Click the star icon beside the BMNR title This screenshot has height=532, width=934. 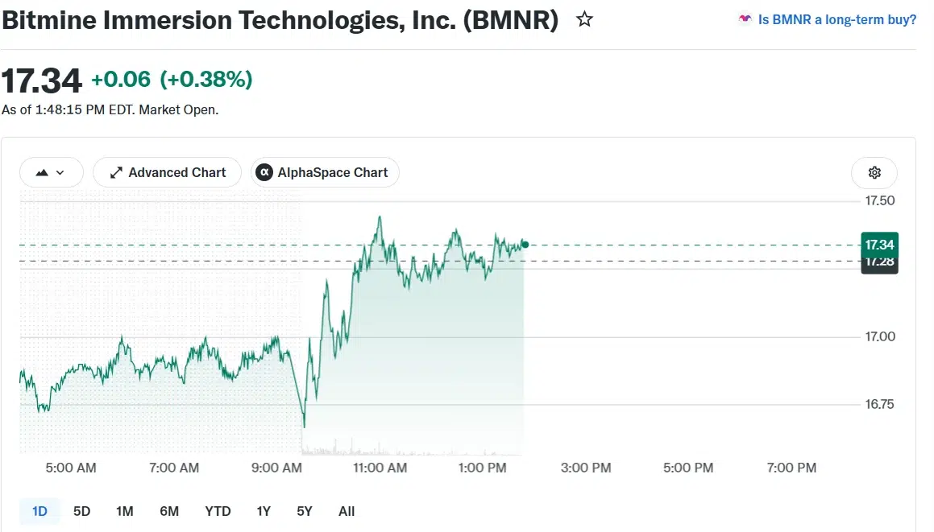click(x=584, y=19)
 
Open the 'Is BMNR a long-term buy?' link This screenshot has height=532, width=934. click(x=837, y=19)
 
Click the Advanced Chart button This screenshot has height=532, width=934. click(x=168, y=172)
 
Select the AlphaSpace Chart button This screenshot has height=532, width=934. click(x=326, y=172)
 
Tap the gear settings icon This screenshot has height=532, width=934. click(x=874, y=172)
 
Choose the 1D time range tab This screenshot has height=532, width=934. click(x=39, y=511)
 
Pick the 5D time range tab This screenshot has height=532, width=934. click(x=81, y=511)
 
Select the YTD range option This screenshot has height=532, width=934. click(x=218, y=511)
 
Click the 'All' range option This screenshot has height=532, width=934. click(x=346, y=511)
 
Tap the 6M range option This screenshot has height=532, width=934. click(x=169, y=511)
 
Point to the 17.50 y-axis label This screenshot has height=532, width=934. click(x=880, y=200)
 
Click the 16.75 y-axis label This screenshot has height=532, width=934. click(x=880, y=404)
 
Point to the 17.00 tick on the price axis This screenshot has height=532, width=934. click(x=880, y=336)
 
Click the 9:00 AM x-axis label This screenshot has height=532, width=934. click(x=276, y=468)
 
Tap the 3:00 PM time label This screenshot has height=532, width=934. click(x=586, y=468)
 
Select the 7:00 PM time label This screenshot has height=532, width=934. click(x=791, y=468)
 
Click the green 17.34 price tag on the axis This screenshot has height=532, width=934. click(x=880, y=245)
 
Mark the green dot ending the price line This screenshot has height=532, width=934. click(x=525, y=244)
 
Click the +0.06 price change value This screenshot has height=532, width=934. click(x=121, y=79)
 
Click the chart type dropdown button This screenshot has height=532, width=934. click(x=52, y=172)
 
